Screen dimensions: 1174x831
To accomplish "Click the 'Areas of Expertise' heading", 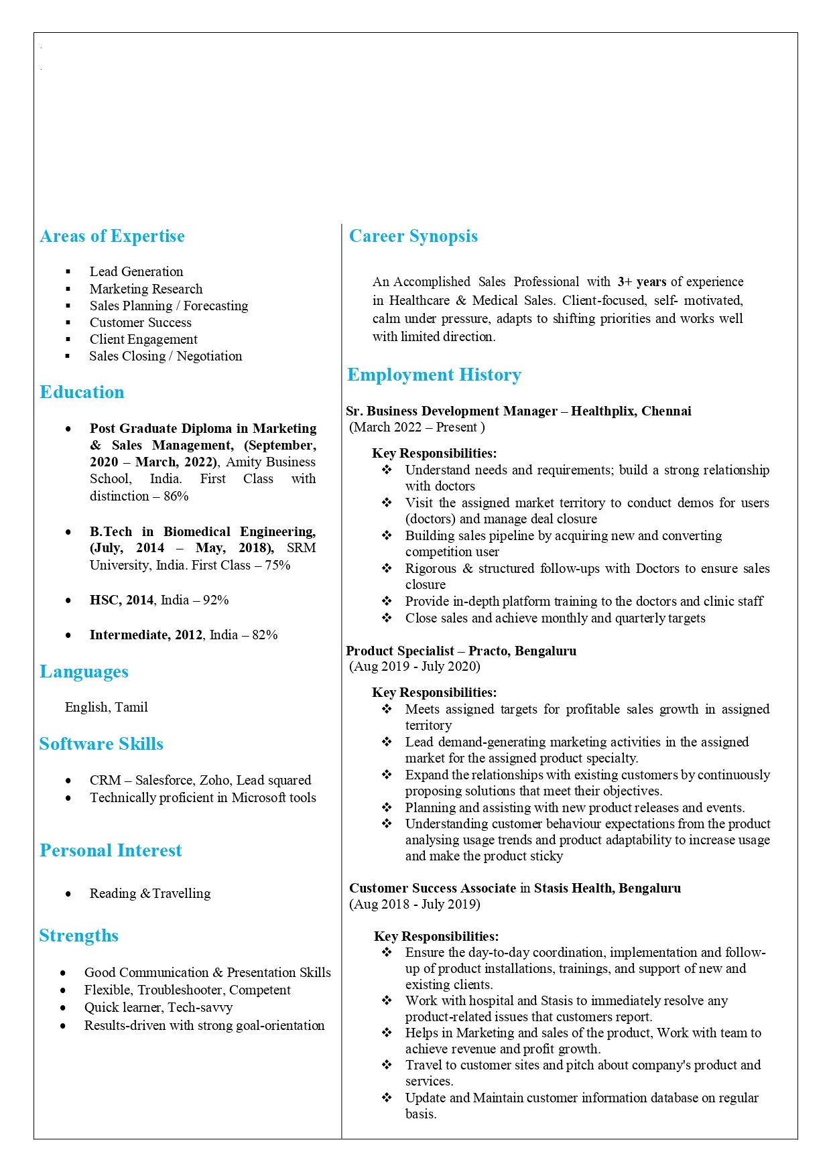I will pos(112,237).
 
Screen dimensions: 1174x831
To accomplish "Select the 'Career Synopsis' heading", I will pos(413,237).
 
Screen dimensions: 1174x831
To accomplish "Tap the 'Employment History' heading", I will pos(434,375).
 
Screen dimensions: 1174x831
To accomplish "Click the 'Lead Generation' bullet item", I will pos(136,271).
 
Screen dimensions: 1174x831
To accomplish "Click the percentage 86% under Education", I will pos(176,496).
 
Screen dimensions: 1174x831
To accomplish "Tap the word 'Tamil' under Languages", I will pos(131,707).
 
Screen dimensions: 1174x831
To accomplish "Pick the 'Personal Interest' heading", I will pos(111,851).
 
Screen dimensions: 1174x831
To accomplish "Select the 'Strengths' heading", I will pos(78,936).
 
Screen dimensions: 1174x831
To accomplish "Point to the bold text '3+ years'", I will pos(641,281).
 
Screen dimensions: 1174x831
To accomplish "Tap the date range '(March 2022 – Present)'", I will pos(416,427).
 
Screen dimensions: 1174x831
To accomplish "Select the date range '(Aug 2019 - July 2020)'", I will pos(415,666).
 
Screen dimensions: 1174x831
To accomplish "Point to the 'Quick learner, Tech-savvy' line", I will pos(158,1007).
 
